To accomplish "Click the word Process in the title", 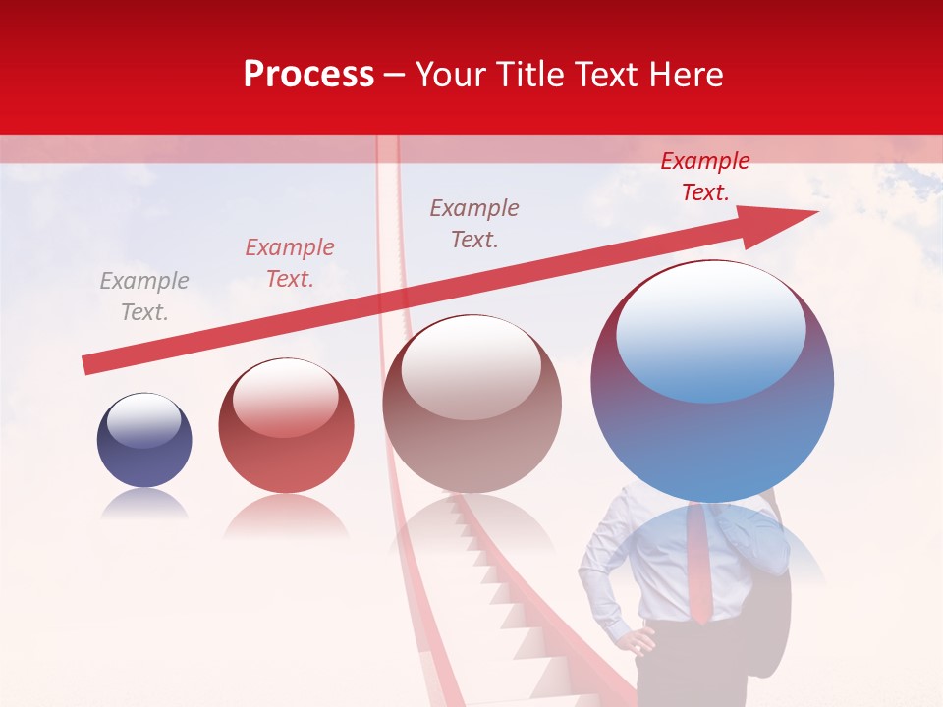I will [308, 75].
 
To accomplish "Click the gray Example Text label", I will [144, 297].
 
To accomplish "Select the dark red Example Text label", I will [705, 177].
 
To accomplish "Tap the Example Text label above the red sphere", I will [290, 263].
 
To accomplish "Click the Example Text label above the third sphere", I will [474, 223].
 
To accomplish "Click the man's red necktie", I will [698, 565].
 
